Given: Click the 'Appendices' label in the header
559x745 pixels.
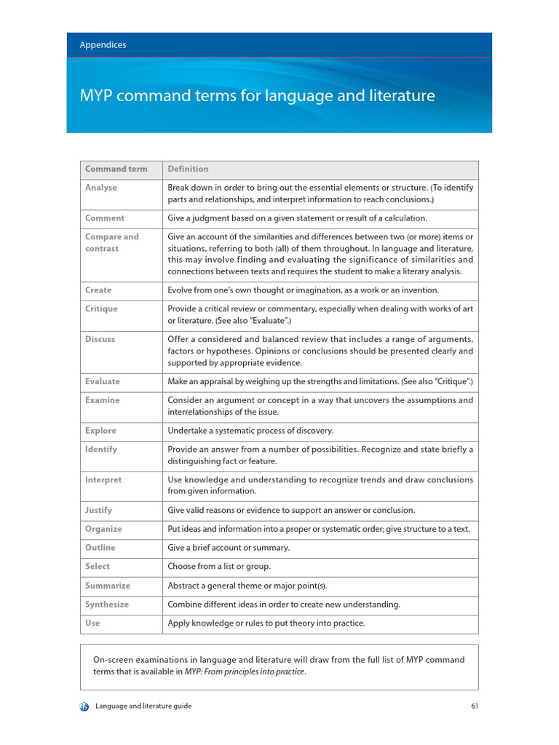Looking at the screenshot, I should (x=103, y=45).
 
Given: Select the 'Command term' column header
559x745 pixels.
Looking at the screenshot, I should (x=116, y=169).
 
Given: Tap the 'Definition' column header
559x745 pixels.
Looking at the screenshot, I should (x=188, y=169).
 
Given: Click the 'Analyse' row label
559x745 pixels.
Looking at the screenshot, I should (x=101, y=188).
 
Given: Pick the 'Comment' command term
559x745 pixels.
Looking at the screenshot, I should (x=105, y=218).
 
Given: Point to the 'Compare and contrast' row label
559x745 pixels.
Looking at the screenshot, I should (x=111, y=242).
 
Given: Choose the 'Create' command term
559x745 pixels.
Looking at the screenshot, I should (x=98, y=290).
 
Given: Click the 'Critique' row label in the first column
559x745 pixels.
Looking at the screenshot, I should (x=101, y=309).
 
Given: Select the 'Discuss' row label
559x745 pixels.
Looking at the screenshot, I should (x=100, y=340).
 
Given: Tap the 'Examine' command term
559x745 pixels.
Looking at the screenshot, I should (x=103, y=401).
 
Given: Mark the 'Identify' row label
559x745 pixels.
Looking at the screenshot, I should (x=101, y=450).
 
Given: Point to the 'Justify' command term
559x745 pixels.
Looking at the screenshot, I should (x=99, y=511).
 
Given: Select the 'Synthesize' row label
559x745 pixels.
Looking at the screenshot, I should (x=107, y=605).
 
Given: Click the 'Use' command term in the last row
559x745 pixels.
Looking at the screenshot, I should (x=92, y=624).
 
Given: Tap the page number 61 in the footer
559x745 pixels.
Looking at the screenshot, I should (x=474, y=706).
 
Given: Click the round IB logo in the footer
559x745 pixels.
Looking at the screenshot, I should (x=84, y=706).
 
